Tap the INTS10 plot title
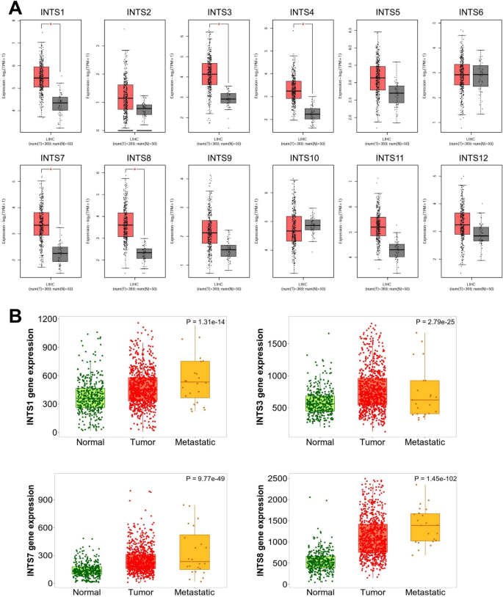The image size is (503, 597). [302, 158]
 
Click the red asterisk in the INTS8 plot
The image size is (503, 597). [135, 170]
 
